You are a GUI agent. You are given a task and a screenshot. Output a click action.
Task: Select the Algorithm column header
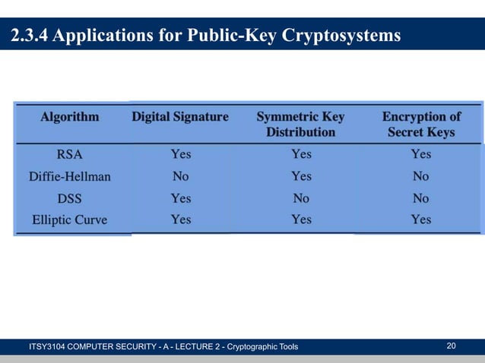pyautogui.click(x=70, y=117)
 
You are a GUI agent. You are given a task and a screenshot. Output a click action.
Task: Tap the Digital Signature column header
pyautogui.click(x=180, y=117)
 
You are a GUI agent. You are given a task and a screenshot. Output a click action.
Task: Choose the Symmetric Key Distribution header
pyautogui.click(x=300, y=125)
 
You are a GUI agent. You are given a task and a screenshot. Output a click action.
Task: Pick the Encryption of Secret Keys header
pyautogui.click(x=420, y=125)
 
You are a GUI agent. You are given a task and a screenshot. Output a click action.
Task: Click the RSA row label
pyautogui.click(x=70, y=154)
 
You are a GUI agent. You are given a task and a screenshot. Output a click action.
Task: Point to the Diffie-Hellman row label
pyautogui.click(x=70, y=176)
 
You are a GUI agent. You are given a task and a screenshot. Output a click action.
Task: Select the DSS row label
pyautogui.click(x=70, y=198)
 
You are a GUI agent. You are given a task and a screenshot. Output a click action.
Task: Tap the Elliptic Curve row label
pyautogui.click(x=70, y=220)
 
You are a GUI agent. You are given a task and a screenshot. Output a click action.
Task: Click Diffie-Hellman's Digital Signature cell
pyautogui.click(x=180, y=176)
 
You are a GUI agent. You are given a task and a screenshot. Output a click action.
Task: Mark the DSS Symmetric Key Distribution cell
pyautogui.click(x=301, y=198)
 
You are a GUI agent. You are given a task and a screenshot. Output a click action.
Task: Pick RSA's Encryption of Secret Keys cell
pyautogui.click(x=420, y=154)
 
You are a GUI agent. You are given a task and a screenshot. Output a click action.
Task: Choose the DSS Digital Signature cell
pyautogui.click(x=180, y=198)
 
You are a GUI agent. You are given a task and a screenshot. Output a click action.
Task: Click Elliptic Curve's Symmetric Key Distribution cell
pyautogui.click(x=301, y=220)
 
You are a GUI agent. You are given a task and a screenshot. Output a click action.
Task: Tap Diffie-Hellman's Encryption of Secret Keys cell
pyautogui.click(x=420, y=176)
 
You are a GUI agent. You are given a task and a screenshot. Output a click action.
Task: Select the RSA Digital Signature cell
pyautogui.click(x=180, y=154)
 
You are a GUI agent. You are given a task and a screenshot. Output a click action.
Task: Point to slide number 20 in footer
pyautogui.click(x=451, y=346)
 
